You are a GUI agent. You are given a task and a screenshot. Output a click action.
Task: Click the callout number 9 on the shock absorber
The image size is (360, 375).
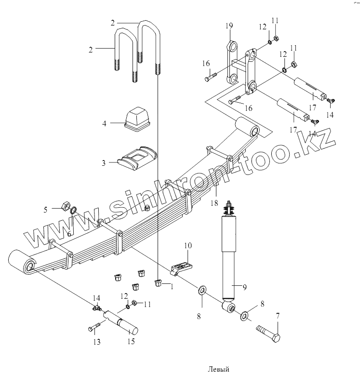tap(244, 288)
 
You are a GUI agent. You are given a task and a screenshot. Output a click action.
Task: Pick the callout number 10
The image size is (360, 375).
tap(187, 246)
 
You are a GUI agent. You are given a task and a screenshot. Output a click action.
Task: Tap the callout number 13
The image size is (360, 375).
tap(97, 342)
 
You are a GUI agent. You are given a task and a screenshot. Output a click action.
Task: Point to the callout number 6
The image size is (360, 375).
tap(68, 233)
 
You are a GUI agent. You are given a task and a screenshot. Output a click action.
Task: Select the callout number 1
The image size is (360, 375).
tap(171, 286)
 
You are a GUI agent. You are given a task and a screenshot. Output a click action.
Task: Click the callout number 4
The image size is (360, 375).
tap(104, 124)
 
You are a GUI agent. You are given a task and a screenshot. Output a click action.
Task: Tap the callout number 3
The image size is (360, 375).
tap(103, 163)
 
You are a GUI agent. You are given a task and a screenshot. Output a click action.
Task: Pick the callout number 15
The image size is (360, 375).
tap(131, 342)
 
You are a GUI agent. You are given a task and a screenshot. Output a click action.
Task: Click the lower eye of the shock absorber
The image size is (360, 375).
tap(229, 307)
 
